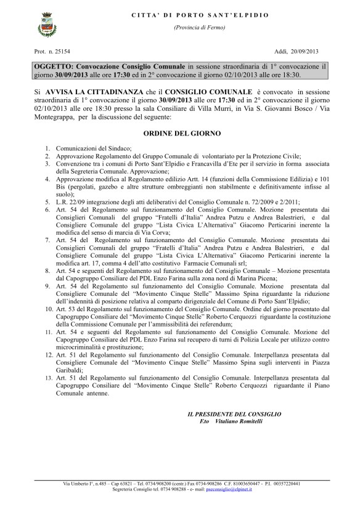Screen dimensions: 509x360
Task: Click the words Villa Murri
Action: click(221, 107)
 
